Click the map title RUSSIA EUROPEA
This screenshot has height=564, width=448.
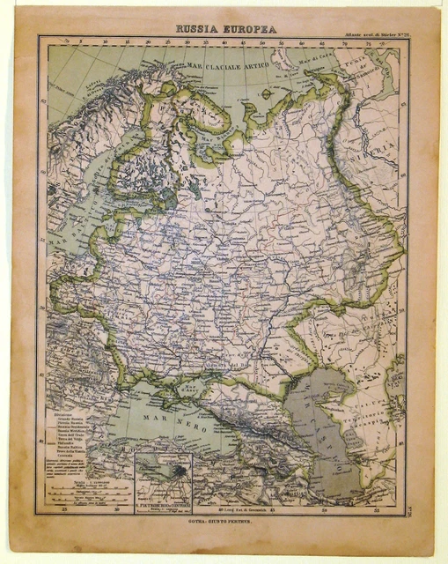[225, 29]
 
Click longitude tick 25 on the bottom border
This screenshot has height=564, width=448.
[64, 509]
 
